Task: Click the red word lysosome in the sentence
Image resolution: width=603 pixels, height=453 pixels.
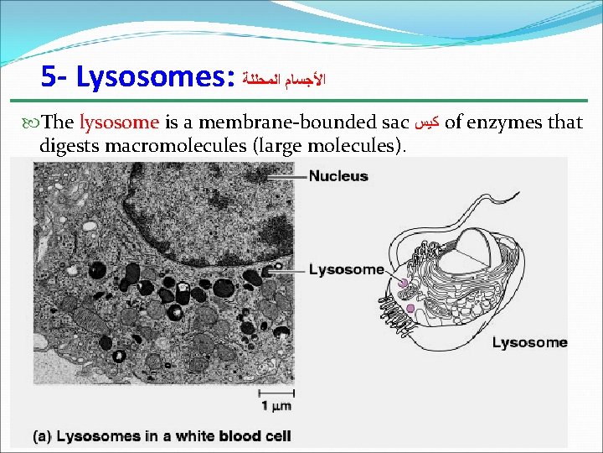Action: [x=119, y=122]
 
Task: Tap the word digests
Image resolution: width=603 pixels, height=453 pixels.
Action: [x=66, y=147]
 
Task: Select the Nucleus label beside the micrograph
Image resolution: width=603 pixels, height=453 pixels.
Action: [x=338, y=176]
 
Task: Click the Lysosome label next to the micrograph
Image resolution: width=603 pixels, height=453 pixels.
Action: [x=346, y=269]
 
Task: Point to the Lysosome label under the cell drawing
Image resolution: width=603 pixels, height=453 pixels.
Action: [x=529, y=342]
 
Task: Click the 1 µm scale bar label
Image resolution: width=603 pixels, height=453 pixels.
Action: [x=276, y=406]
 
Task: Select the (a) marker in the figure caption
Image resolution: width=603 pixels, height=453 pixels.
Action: [x=44, y=437]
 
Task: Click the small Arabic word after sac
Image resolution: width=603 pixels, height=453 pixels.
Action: [x=426, y=123]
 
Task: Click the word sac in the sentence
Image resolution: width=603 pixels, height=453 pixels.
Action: [x=395, y=122]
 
